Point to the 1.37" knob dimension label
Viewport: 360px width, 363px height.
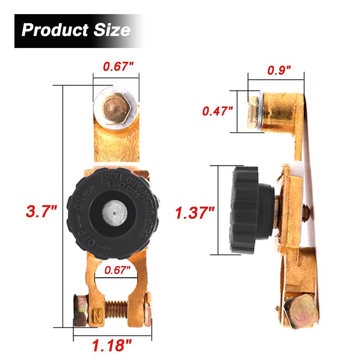click(195, 213)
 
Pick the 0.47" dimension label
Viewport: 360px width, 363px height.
click(217, 111)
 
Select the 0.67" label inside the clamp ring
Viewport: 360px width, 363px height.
click(117, 270)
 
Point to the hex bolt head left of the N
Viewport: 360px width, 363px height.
click(80, 310)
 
